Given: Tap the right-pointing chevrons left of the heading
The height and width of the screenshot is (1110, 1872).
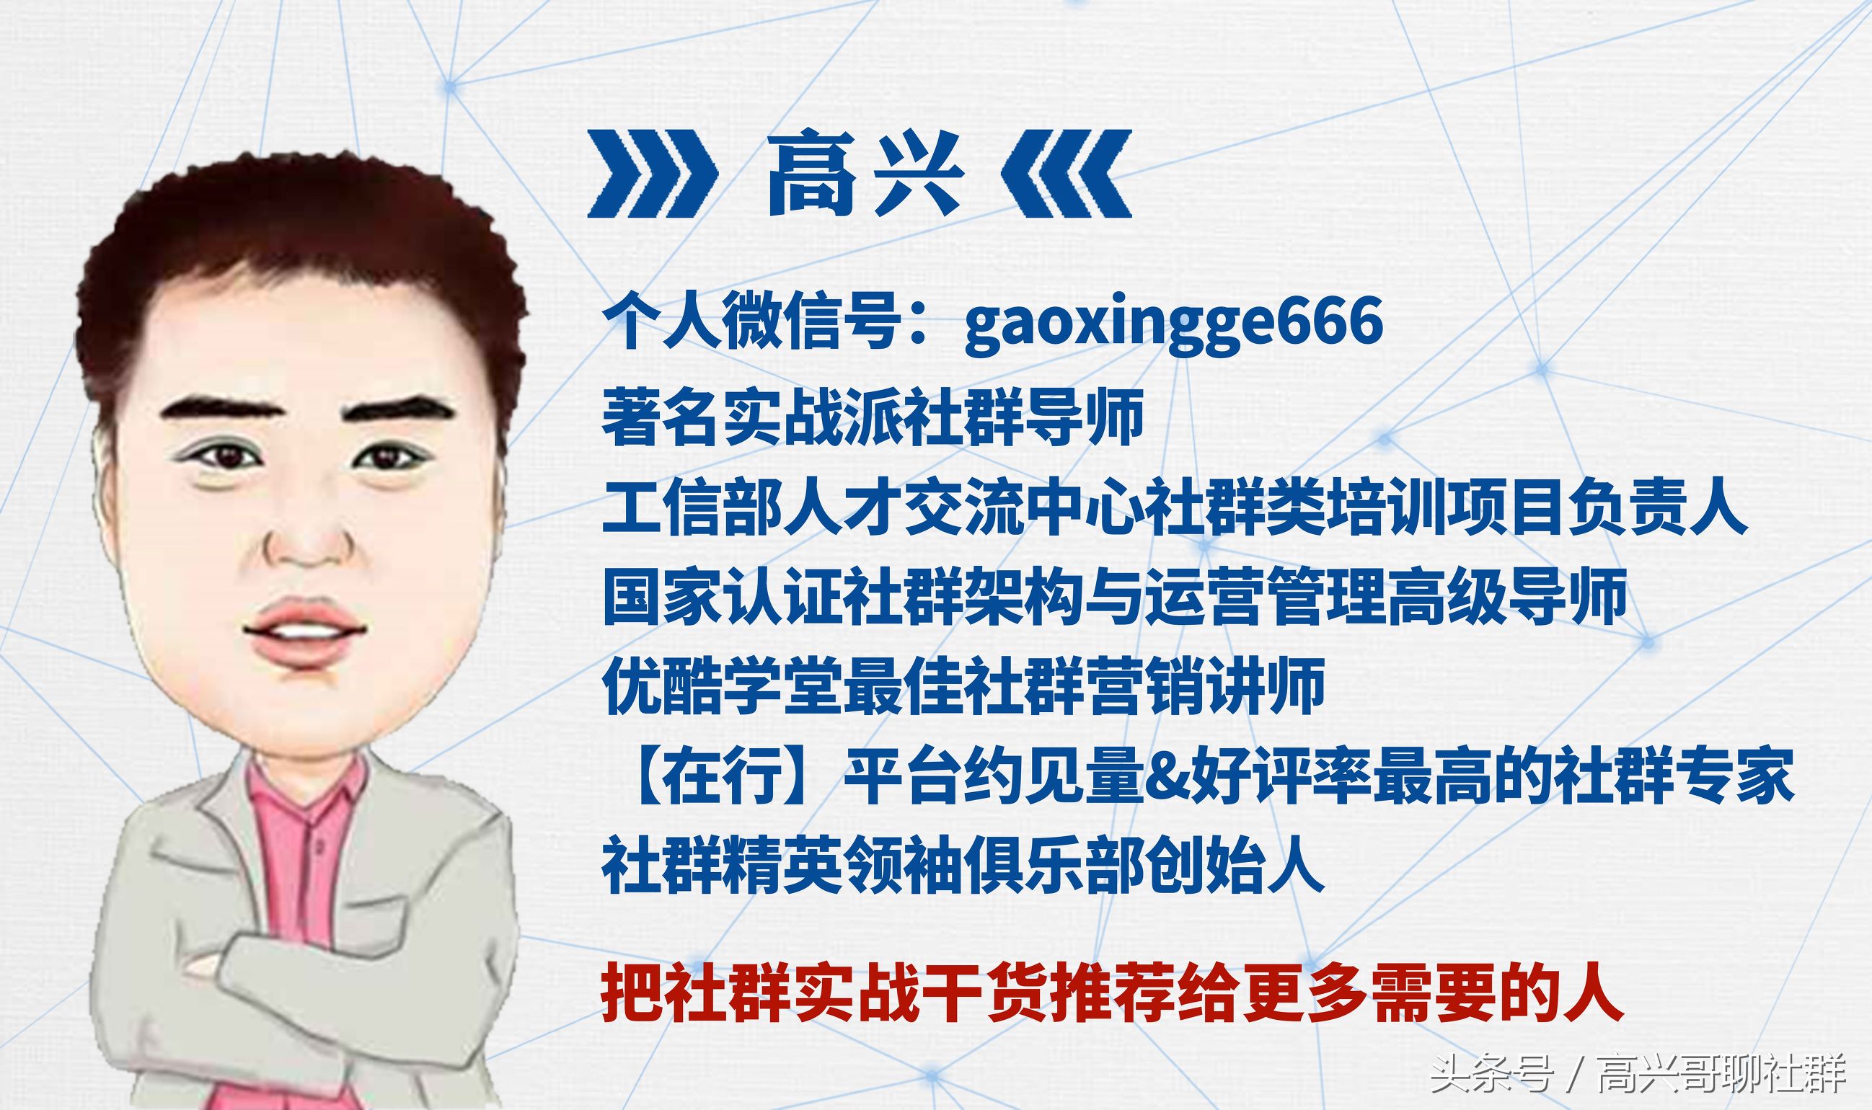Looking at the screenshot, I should (x=651, y=174).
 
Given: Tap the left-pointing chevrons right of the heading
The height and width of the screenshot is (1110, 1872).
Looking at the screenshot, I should (x=1067, y=174).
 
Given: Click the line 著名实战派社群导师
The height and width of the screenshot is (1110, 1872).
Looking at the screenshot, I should (x=873, y=416).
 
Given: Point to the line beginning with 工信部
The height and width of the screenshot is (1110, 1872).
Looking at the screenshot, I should (x=1175, y=507).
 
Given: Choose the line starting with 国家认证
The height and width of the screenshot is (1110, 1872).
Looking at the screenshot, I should (x=1115, y=597).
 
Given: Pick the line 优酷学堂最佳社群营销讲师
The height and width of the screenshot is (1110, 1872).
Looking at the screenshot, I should (x=963, y=687).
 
